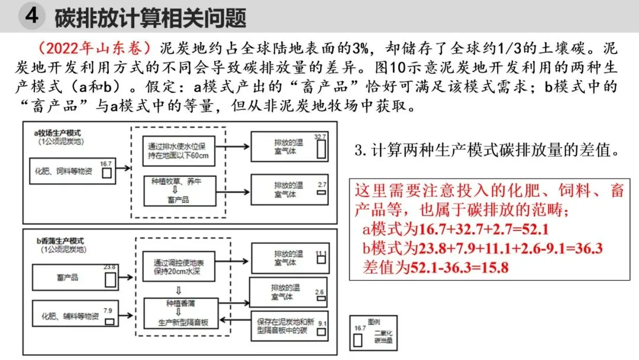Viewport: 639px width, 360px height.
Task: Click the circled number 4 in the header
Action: (x=31, y=16)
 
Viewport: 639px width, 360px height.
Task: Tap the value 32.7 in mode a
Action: (x=320, y=137)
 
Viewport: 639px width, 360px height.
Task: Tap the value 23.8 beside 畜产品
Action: (x=109, y=267)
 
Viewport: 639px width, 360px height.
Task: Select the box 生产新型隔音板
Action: (x=179, y=322)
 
